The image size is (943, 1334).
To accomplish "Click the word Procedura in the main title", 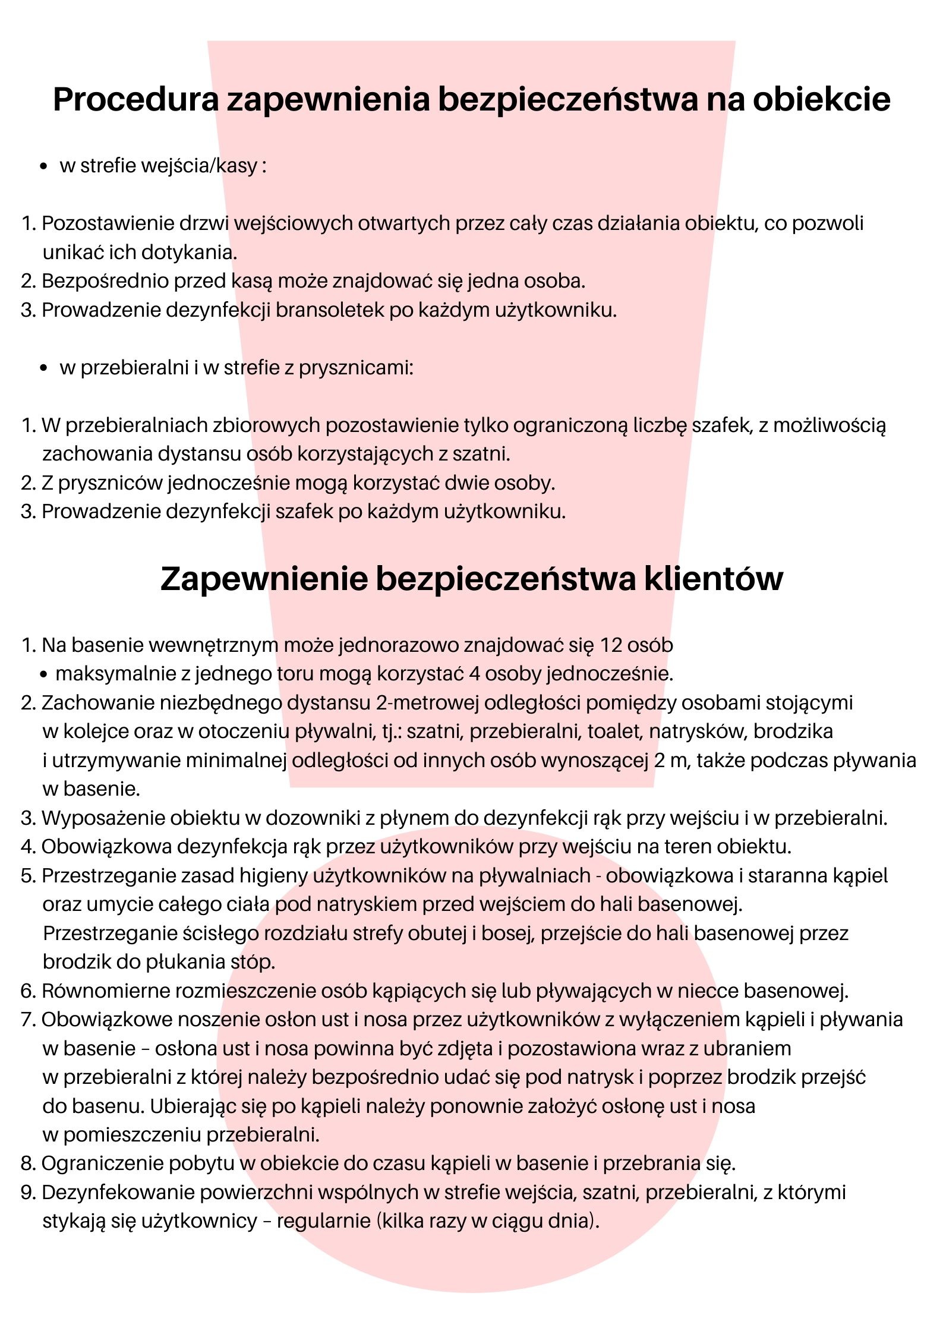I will click(x=136, y=99).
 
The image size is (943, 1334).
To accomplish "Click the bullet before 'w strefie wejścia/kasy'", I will click(x=43, y=167).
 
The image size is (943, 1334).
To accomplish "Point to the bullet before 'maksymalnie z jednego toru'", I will click(x=45, y=675).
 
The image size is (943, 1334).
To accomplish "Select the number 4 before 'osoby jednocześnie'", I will click(x=474, y=674).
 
